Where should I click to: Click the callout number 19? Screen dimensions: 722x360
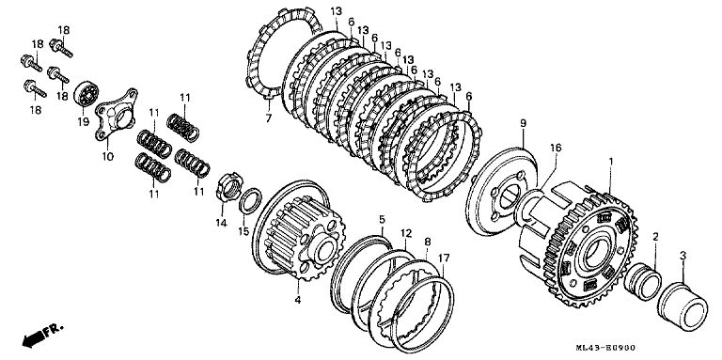click(x=84, y=122)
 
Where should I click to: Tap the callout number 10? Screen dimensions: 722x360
click(x=107, y=157)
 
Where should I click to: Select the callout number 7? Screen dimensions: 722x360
click(x=269, y=117)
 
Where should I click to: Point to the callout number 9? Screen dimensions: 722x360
click(x=523, y=123)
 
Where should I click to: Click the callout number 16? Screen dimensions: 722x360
click(x=556, y=148)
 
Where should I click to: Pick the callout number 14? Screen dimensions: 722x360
click(x=222, y=223)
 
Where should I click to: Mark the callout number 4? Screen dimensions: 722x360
click(x=298, y=300)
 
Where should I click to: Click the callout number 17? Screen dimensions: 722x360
click(x=444, y=258)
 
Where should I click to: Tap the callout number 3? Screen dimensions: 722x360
click(x=683, y=255)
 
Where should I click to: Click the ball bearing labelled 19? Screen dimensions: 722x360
click(x=86, y=94)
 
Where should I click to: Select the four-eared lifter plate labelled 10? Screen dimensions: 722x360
click(x=116, y=114)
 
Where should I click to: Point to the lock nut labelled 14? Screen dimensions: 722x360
click(x=228, y=186)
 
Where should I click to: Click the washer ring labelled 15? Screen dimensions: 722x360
click(x=250, y=201)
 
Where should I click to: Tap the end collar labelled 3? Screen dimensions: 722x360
click(x=683, y=307)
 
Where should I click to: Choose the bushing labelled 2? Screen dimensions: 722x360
click(x=642, y=281)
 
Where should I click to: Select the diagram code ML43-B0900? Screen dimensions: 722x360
click(x=605, y=349)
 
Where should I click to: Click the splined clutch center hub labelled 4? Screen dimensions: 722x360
click(x=298, y=231)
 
